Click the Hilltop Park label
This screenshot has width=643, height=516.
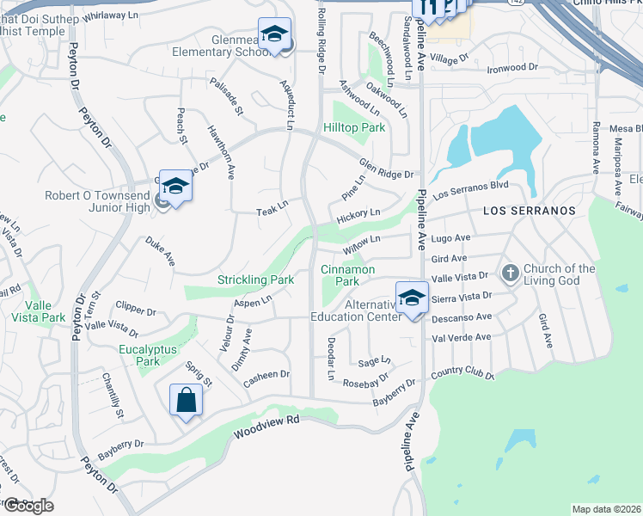(x=353, y=127)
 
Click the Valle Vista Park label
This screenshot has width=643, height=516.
(x=45, y=311)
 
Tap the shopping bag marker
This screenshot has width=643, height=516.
(x=187, y=400)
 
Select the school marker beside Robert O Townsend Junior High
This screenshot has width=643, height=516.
(x=175, y=187)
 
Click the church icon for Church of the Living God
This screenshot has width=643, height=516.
(x=510, y=273)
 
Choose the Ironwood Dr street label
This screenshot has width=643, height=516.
(x=511, y=67)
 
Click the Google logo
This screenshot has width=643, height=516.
(x=28, y=506)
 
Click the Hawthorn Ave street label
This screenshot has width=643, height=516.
(x=220, y=151)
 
